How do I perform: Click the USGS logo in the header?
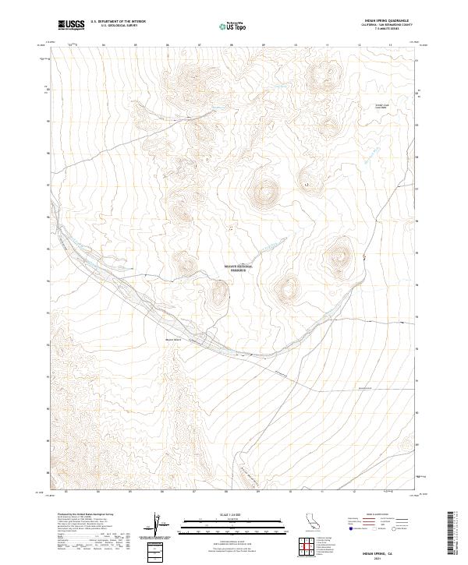72,26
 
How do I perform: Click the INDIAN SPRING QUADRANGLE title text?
385,20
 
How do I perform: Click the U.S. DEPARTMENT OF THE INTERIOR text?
118,23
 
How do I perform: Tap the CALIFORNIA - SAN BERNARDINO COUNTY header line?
385,25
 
